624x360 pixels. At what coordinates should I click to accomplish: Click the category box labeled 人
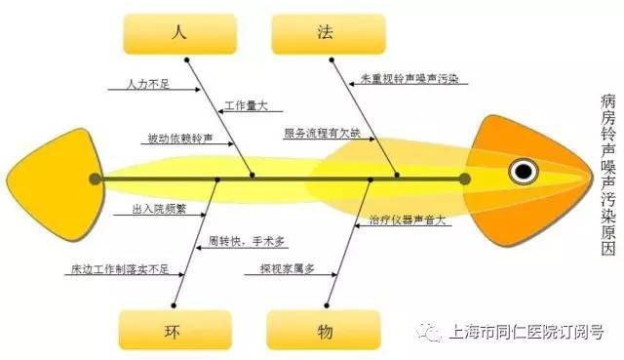click(178, 34)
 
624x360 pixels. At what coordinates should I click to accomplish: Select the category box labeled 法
click(325, 34)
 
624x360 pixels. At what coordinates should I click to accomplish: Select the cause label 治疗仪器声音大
click(407, 220)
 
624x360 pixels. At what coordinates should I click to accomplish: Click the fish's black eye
click(524, 172)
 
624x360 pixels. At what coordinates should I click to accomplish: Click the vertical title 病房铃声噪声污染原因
click(607, 176)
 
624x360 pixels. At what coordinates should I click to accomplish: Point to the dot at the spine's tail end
click(95, 179)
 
